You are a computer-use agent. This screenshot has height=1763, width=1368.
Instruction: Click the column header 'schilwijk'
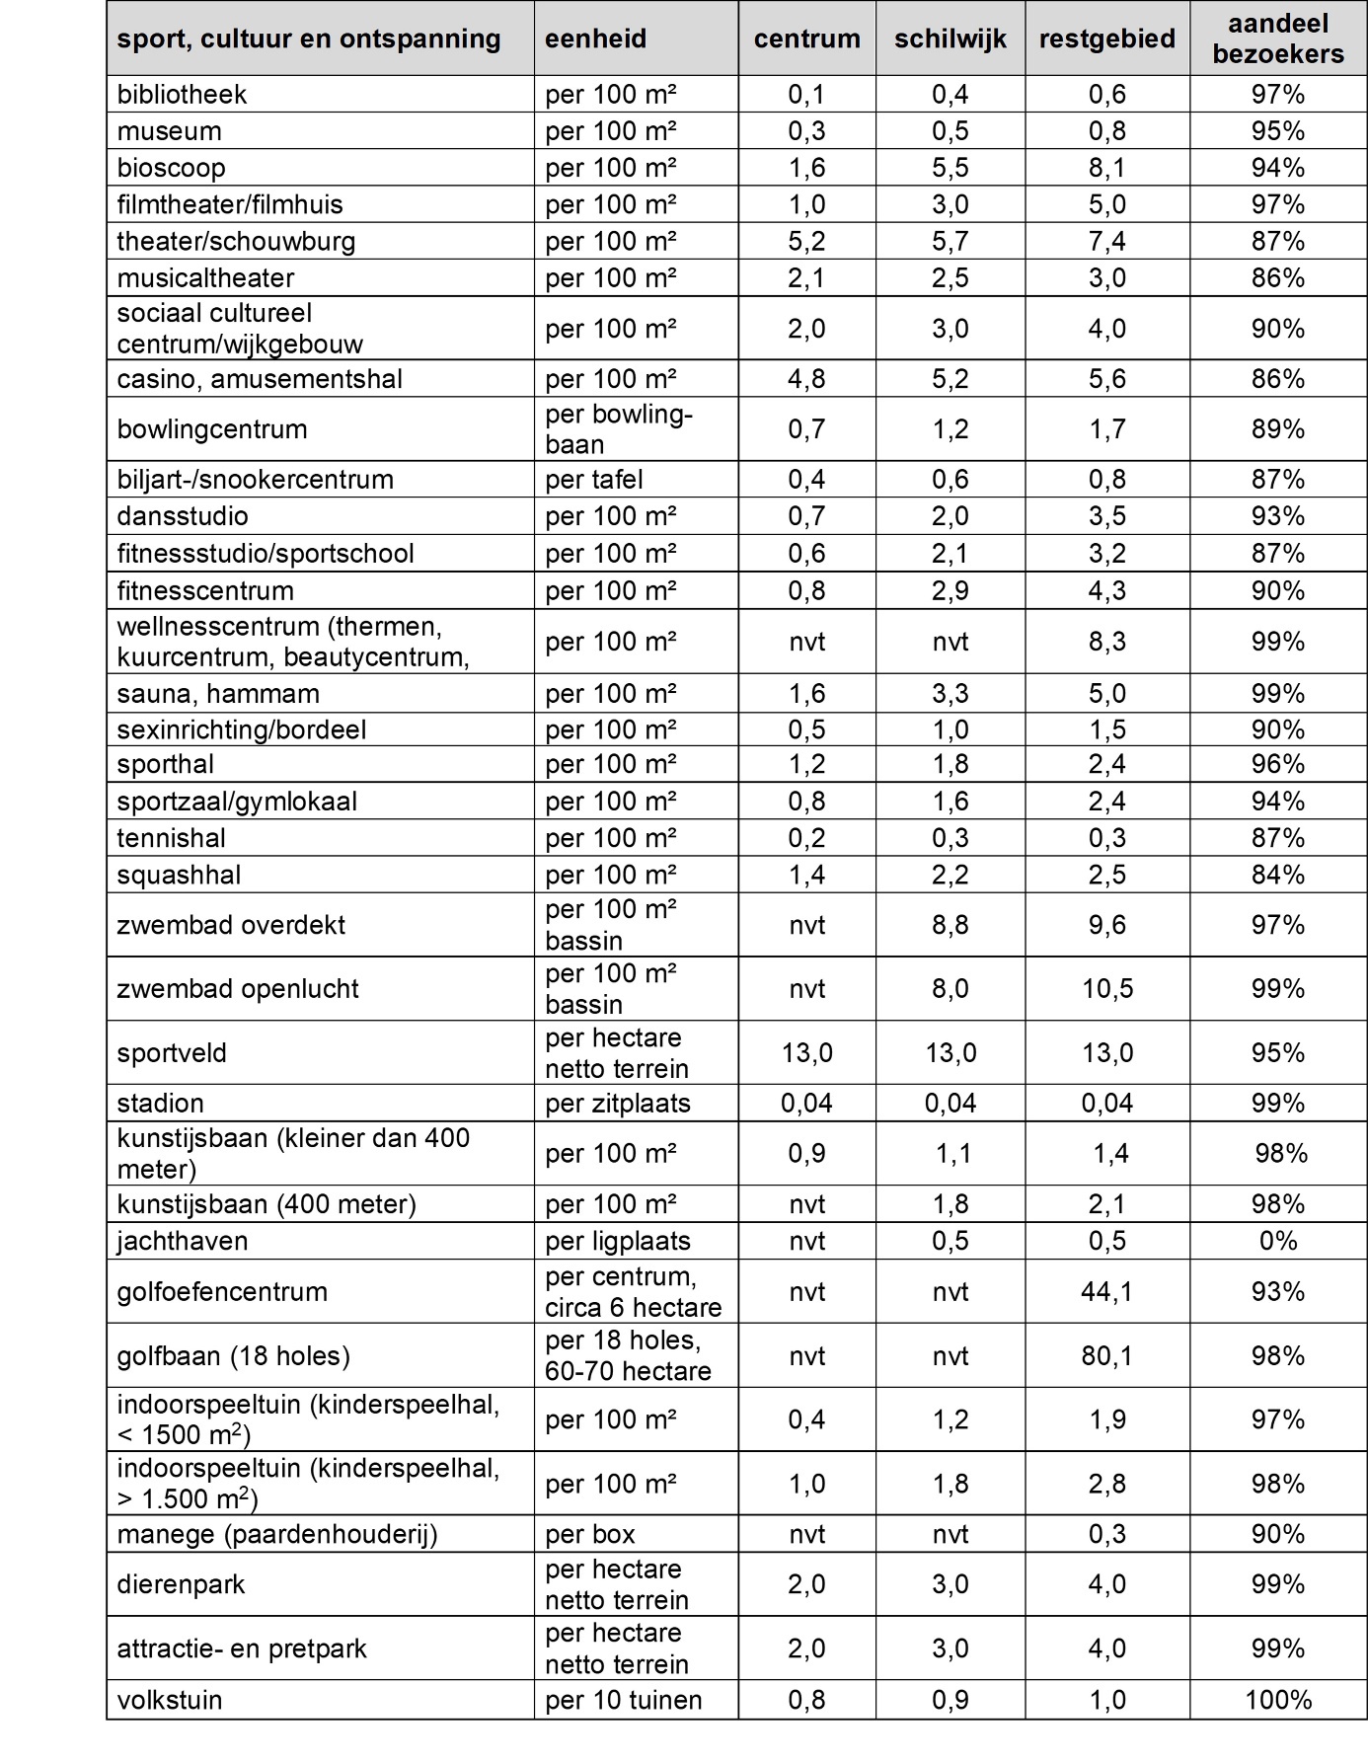click(x=950, y=38)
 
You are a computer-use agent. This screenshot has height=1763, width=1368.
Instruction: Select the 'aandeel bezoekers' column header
click(x=1277, y=38)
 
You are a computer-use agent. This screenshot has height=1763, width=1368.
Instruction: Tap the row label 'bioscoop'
click(x=171, y=168)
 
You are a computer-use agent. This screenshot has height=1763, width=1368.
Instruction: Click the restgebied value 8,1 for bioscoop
click(x=1106, y=168)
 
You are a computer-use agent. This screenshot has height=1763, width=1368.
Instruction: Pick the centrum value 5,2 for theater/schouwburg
click(x=806, y=241)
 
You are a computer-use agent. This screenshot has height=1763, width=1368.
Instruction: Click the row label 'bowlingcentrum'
click(x=211, y=429)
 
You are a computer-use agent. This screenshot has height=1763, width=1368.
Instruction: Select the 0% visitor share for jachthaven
click(x=1277, y=1241)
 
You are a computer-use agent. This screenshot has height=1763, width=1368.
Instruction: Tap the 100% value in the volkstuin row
click(x=1277, y=1700)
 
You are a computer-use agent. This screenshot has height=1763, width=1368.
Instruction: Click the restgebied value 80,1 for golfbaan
click(x=1106, y=1355)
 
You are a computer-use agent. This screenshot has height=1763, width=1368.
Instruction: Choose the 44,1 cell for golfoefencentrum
click(x=1106, y=1291)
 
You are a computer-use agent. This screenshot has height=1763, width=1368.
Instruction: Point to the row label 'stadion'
click(x=160, y=1103)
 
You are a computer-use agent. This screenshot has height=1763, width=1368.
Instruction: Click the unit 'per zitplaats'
click(x=617, y=1103)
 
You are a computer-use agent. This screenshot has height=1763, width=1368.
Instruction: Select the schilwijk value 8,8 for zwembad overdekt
click(x=950, y=925)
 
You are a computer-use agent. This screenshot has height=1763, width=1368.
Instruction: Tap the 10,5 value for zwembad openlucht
click(x=1106, y=989)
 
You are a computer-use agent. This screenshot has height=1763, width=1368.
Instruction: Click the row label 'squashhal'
click(x=179, y=875)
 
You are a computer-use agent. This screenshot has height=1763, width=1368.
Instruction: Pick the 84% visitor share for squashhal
click(x=1277, y=875)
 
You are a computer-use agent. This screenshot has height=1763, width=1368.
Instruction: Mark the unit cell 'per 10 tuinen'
click(x=623, y=1700)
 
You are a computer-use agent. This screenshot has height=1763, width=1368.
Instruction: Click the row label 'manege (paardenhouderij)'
click(x=276, y=1534)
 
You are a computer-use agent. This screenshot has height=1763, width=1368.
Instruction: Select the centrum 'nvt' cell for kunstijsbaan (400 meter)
click(x=806, y=1204)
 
